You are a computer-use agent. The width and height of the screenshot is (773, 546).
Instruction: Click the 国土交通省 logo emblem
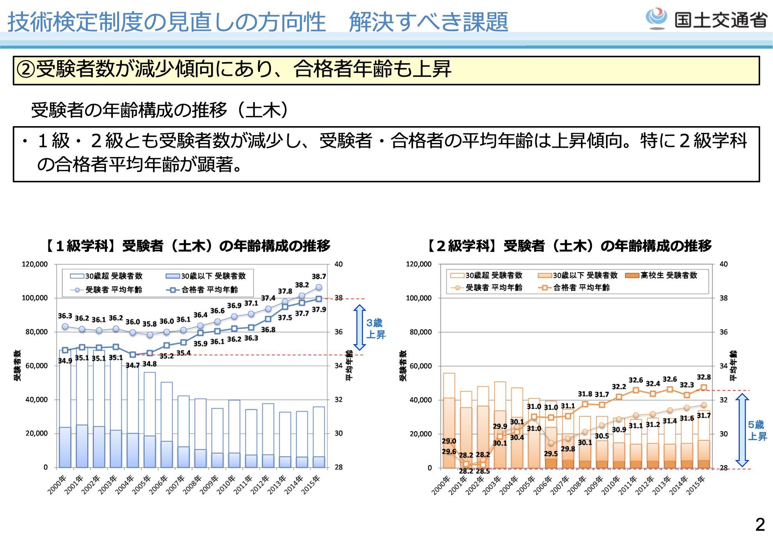tap(657, 18)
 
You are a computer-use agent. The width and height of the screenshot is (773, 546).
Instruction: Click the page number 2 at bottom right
tap(760, 525)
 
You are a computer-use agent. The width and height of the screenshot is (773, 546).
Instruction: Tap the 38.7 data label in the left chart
tap(319, 277)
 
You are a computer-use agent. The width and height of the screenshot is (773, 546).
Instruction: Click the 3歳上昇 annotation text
tap(375, 328)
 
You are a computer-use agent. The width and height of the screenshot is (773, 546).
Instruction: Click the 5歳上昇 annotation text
tap(757, 430)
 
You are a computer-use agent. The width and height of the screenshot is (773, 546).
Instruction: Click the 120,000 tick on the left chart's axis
tap(35, 264)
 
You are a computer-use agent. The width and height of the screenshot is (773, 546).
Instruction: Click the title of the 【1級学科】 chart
tap(188, 246)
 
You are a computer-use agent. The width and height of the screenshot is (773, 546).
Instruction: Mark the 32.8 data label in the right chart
tap(704, 377)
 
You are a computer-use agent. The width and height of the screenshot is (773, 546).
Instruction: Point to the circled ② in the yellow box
tap(26, 70)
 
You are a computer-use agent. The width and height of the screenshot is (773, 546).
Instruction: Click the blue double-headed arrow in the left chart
tap(359, 327)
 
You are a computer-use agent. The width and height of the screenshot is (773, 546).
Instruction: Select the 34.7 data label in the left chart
tap(132, 365)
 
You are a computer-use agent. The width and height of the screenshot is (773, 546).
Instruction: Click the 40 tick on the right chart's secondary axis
tap(723, 264)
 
